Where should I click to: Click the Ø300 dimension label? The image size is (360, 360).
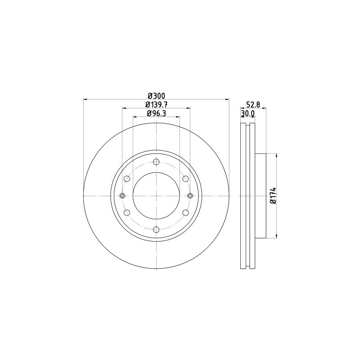pyautogui.click(x=156, y=95)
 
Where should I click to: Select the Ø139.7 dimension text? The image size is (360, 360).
pyautogui.click(x=156, y=104)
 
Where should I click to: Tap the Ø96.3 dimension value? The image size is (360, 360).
pyautogui.click(x=156, y=113)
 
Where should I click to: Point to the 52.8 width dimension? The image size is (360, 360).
pyautogui.click(x=253, y=104)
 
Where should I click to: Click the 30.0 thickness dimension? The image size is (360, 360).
pyautogui.click(x=247, y=113)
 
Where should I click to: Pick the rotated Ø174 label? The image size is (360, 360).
pyautogui.click(x=273, y=195)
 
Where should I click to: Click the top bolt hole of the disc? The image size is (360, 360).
pyautogui.click(x=156, y=162)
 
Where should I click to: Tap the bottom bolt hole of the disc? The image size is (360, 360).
pyautogui.click(x=156, y=229)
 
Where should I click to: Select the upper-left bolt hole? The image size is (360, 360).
pyautogui.click(x=127, y=179)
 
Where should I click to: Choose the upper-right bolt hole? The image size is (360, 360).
pyautogui.click(x=185, y=179)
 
